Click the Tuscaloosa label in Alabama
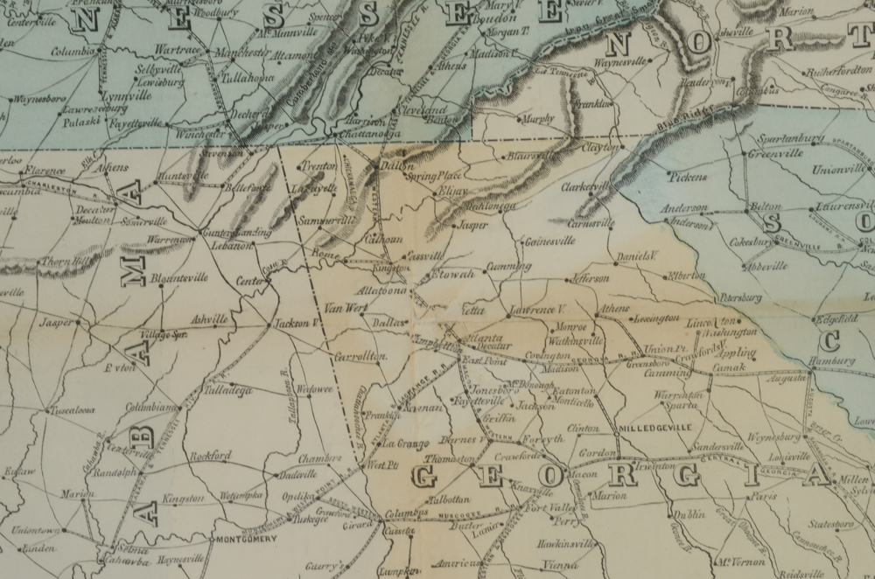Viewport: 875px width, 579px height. coord(72,409)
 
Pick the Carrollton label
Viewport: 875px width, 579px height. coord(360,356)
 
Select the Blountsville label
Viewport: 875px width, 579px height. coord(179,277)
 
